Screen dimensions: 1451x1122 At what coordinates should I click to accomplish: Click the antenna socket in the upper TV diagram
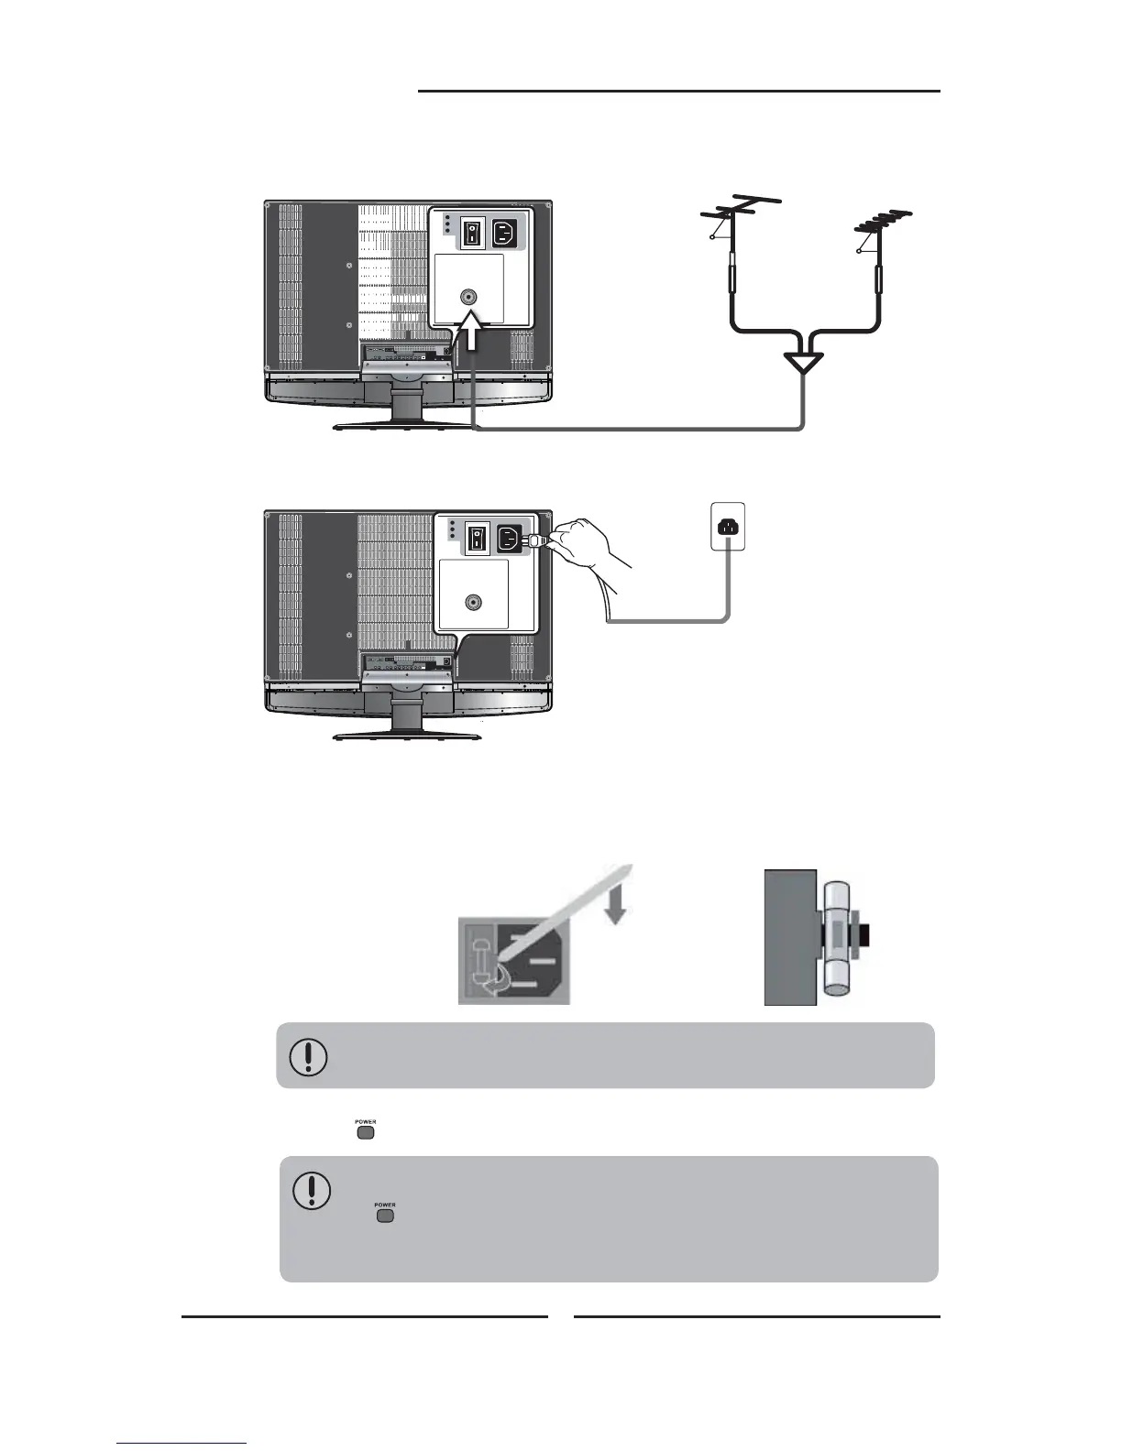468,297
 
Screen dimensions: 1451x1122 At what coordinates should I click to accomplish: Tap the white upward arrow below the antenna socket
471,333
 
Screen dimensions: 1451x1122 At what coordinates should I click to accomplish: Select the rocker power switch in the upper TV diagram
472,232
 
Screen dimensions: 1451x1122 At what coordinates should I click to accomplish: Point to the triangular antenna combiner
804,361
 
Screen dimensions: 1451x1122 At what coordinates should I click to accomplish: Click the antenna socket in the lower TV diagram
473,603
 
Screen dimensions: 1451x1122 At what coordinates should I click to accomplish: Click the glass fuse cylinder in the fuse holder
839,938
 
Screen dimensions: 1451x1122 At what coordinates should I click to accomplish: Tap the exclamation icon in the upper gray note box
309,1056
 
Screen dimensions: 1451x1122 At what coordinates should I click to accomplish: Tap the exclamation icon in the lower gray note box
312,1190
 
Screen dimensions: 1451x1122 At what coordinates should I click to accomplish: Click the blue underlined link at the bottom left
181,1445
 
